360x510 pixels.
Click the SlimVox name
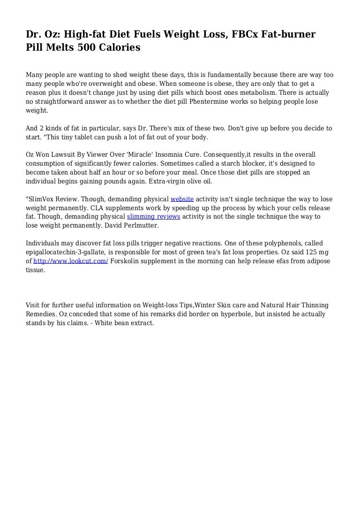[x=42, y=199]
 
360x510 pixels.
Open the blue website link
[x=182, y=199]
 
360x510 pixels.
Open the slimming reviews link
[x=153, y=217]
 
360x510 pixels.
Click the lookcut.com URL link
[x=71, y=261]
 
